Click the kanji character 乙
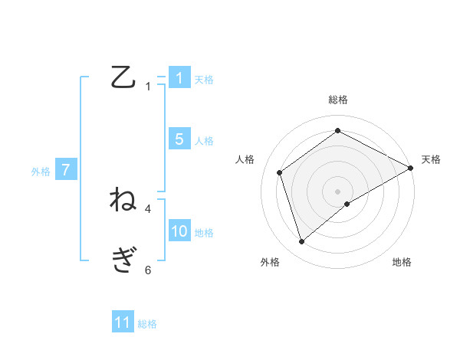click(x=123, y=77)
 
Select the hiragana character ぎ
click(x=123, y=260)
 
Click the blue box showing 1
click(x=179, y=78)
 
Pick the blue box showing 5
click(x=179, y=139)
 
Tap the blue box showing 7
click(x=67, y=170)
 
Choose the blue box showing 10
click(x=179, y=231)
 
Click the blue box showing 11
click(x=123, y=322)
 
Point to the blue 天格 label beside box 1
click(x=204, y=79)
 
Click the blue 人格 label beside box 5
click(x=204, y=140)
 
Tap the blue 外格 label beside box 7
click(x=41, y=172)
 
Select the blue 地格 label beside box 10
click(x=204, y=233)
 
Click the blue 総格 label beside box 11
click(x=147, y=324)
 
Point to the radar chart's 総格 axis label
click(x=338, y=100)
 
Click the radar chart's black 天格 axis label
click(x=431, y=159)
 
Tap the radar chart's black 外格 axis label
click(x=270, y=262)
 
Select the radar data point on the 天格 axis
click(x=411, y=168)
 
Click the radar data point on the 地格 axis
click(x=347, y=204)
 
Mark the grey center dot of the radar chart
click(x=337, y=191)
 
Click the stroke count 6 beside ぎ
click(x=148, y=269)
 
